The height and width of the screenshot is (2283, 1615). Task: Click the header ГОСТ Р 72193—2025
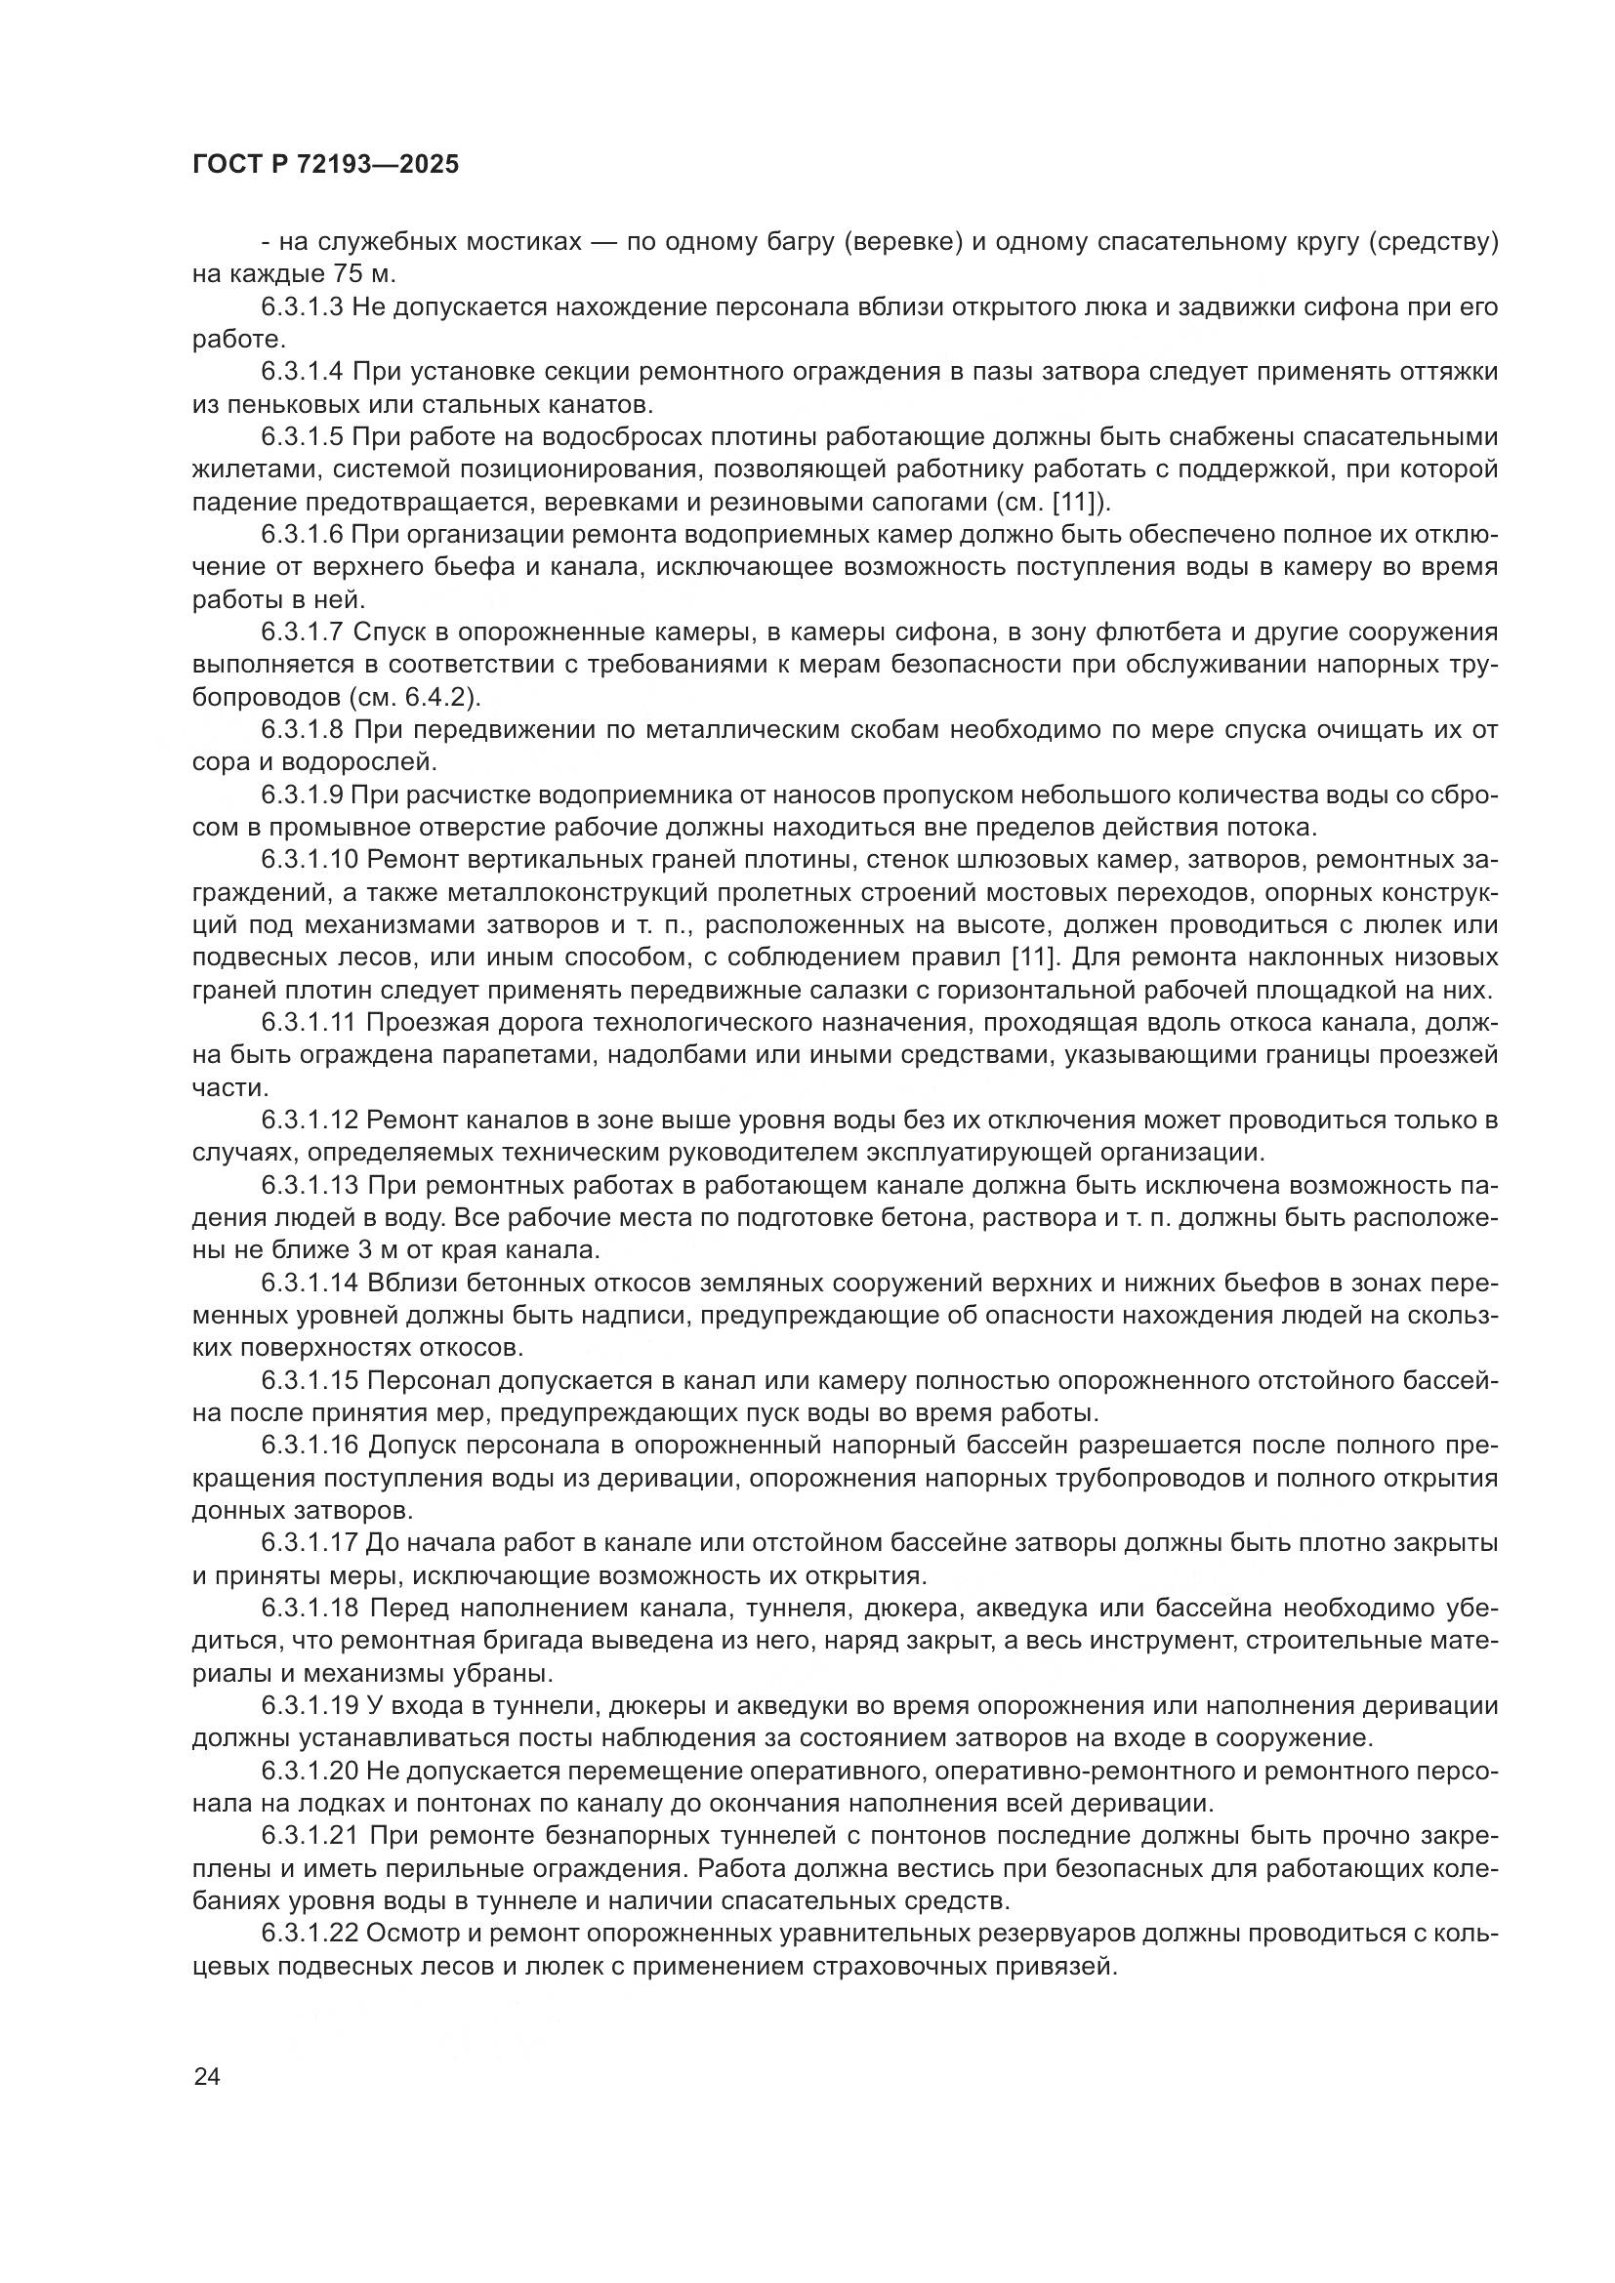point(325,165)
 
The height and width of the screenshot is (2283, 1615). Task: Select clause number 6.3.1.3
point(303,308)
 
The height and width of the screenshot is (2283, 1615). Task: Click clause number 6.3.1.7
point(303,633)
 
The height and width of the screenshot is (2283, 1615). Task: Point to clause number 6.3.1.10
point(309,860)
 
